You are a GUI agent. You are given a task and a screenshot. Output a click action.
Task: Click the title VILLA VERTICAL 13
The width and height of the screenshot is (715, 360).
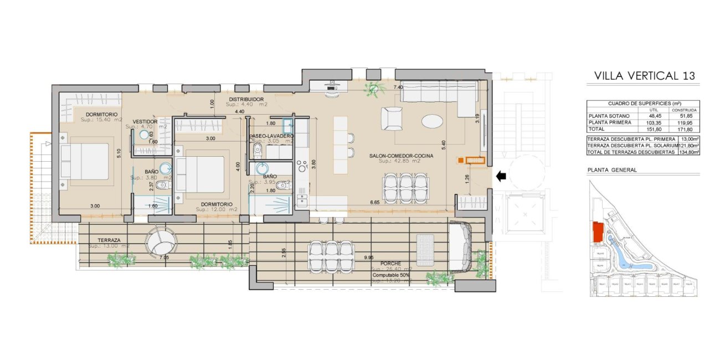click(x=644, y=76)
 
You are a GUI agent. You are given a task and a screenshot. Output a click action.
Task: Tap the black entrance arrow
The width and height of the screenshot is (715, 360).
click(x=500, y=177)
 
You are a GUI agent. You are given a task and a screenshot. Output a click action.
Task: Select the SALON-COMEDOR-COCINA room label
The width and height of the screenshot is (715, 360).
click(x=401, y=156)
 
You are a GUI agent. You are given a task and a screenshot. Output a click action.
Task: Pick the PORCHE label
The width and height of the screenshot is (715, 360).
click(x=390, y=264)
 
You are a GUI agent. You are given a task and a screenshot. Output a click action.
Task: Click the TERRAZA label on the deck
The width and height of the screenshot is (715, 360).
click(x=109, y=240)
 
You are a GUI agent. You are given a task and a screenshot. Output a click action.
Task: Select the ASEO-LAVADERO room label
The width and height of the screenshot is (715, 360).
click(x=271, y=136)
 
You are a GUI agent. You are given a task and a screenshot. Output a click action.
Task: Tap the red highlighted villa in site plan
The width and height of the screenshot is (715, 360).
click(x=598, y=233)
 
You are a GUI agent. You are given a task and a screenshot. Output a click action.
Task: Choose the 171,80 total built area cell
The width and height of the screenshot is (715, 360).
click(x=687, y=128)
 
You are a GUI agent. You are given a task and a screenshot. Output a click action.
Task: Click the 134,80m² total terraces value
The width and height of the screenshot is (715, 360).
click(x=688, y=152)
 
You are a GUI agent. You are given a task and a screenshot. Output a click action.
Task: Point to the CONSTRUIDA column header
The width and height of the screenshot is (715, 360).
click(x=687, y=110)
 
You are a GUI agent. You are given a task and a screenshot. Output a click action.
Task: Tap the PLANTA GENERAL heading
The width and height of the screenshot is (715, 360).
click(x=611, y=170)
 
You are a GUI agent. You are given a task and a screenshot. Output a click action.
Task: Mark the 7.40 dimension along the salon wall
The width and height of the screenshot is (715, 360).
click(x=398, y=88)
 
